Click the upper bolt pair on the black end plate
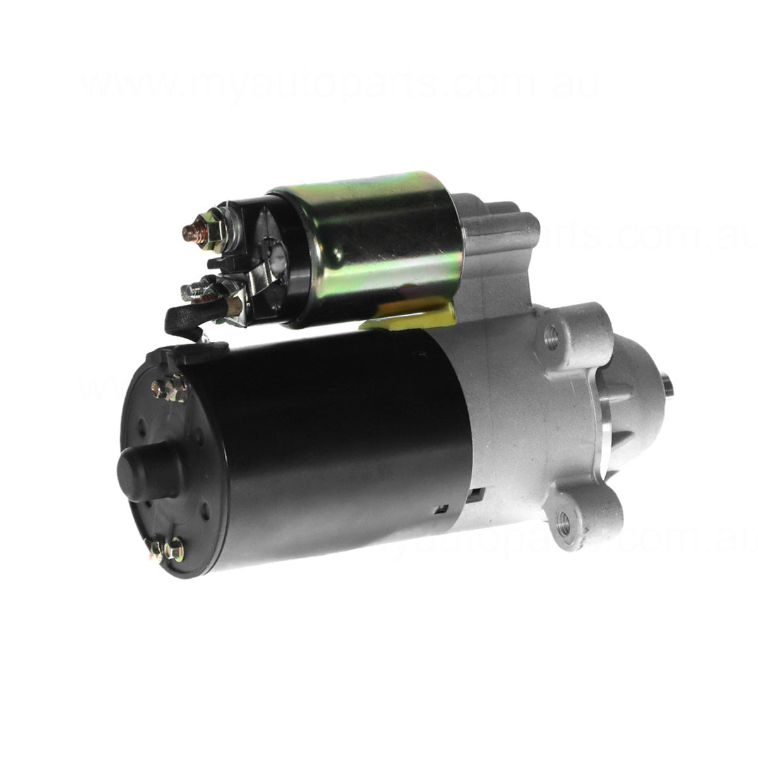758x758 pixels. (x=169, y=387)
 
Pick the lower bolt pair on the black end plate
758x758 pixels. (x=165, y=548)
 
